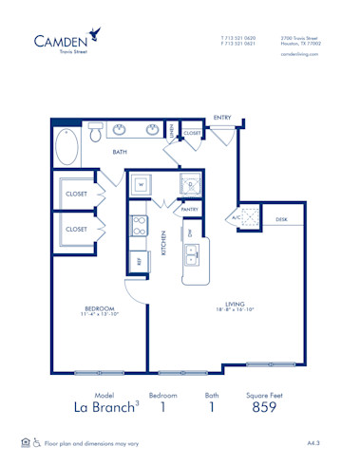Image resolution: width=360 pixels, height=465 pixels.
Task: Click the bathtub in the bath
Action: pyautogui.click(x=67, y=147)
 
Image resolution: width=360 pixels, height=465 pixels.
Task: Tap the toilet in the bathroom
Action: pyautogui.click(x=96, y=134)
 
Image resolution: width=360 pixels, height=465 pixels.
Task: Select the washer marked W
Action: pyautogui.click(x=139, y=184)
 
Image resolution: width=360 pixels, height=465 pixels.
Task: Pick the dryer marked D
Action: pyautogui.click(x=190, y=185)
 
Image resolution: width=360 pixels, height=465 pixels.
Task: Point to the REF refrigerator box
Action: pyautogui.click(x=139, y=260)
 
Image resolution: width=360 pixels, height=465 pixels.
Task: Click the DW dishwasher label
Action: pyautogui.click(x=190, y=232)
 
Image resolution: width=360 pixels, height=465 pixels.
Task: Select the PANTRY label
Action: pyautogui.click(x=189, y=210)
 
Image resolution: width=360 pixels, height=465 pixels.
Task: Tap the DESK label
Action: pyautogui.click(x=281, y=218)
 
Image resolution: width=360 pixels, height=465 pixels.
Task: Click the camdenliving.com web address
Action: pyautogui.click(x=299, y=55)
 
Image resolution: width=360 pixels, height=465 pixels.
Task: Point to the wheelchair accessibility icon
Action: pyautogui.click(x=37, y=442)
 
